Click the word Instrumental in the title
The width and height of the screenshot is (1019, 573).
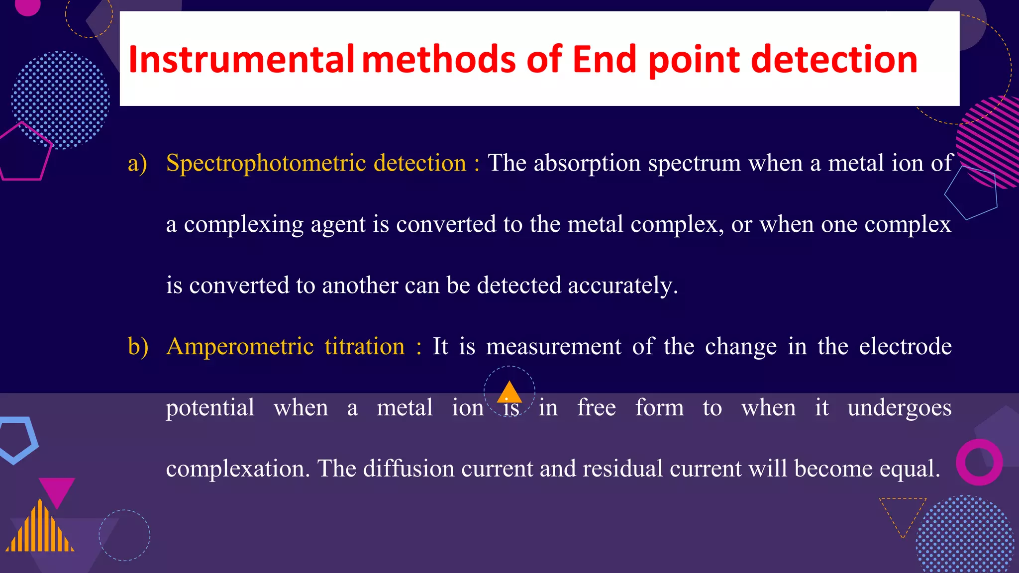coord(241,60)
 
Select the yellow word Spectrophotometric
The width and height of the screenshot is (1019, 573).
coord(266,163)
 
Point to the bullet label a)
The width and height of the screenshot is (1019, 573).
coord(137,163)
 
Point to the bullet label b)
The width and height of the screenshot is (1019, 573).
coord(138,346)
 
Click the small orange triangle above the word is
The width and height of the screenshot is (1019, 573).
coord(509,393)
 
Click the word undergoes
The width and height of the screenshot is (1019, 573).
coord(899,408)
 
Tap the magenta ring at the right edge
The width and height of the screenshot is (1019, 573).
coord(979,462)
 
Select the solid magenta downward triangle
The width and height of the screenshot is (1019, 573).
coord(57,489)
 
